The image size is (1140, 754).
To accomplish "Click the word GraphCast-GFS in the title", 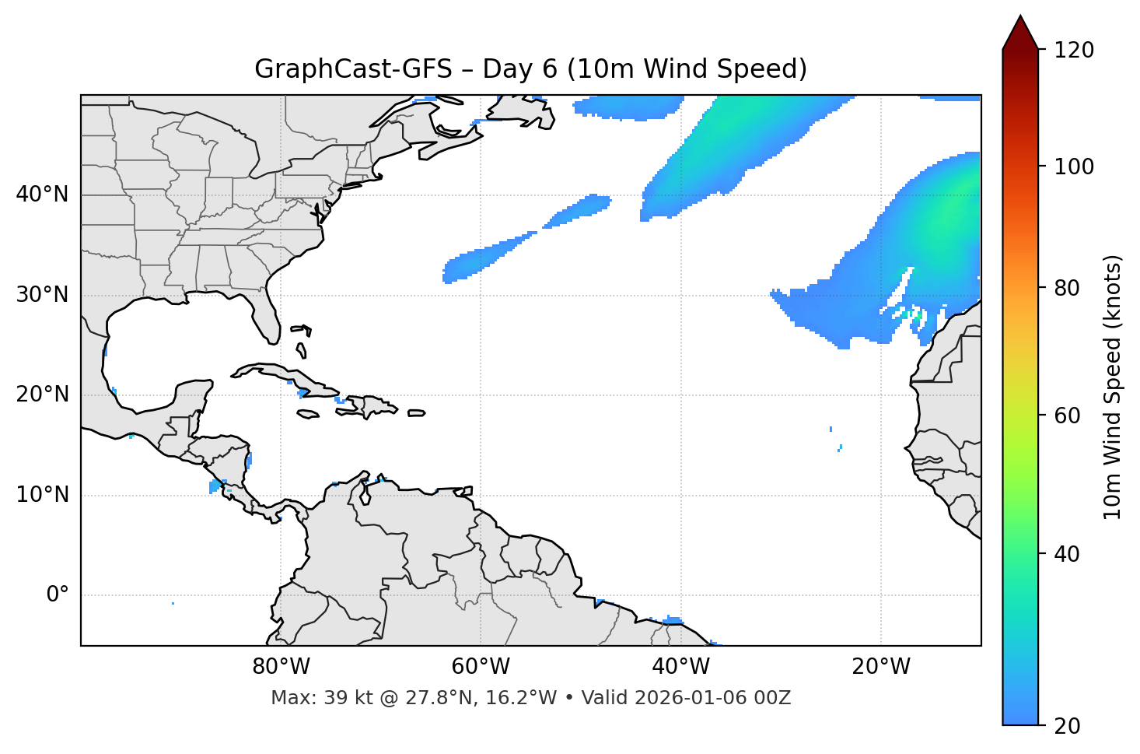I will tap(353, 69).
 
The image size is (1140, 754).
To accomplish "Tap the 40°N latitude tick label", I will tap(42, 194).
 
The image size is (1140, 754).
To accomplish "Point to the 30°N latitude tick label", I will tap(42, 295).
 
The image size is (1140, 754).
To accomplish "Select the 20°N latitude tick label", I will tap(42, 395).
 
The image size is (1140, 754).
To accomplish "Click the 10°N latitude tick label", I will tap(42, 495).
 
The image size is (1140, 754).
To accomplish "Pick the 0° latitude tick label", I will tap(58, 595).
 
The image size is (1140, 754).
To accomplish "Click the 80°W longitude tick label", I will tap(281, 667).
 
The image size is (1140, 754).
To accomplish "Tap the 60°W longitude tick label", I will tap(481, 667).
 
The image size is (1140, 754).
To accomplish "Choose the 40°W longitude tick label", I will tap(680, 667).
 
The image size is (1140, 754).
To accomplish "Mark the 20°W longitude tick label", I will tap(880, 667).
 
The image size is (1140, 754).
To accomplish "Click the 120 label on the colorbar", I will tap(1074, 51).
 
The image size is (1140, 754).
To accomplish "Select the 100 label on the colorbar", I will tap(1074, 167).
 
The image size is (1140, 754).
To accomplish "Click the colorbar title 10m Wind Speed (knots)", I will tap(1113, 387).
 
